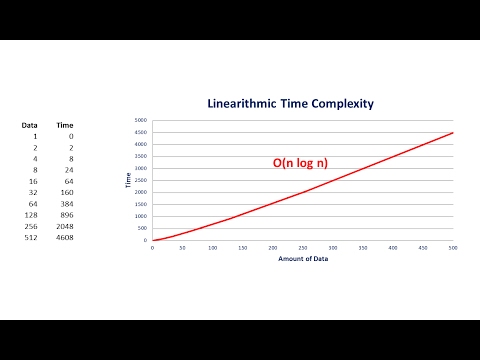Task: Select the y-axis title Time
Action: coord(127,180)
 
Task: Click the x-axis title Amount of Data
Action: coord(303,259)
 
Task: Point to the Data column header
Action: coord(30,125)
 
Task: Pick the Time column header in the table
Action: coord(64,125)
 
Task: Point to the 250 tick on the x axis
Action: coord(303,247)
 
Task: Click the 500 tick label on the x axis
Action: coord(453,247)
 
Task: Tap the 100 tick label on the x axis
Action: coord(213,247)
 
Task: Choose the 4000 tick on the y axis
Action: coord(142,144)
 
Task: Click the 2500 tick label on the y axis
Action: coord(142,180)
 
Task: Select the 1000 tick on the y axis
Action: coord(142,216)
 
